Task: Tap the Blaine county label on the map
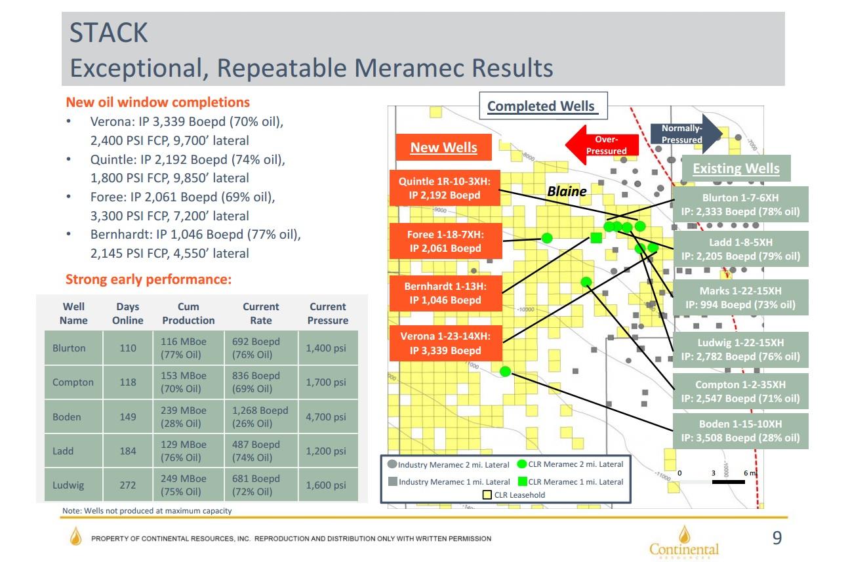tap(567, 191)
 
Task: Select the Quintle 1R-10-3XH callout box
tap(445, 188)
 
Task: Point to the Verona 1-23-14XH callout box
tap(445, 343)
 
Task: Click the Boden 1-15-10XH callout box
tap(740, 431)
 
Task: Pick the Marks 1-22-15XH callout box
tap(740, 297)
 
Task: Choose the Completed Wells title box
tap(540, 106)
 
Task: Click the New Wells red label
tap(443, 148)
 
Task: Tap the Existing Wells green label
tap(736, 169)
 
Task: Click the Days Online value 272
tap(128, 485)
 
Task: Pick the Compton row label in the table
tap(73, 382)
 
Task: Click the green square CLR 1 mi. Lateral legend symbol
tap(522, 481)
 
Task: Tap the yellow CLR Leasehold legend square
tap(487, 495)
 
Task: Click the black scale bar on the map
tap(727, 482)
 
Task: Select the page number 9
tap(777, 538)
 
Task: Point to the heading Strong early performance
tap(148, 280)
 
